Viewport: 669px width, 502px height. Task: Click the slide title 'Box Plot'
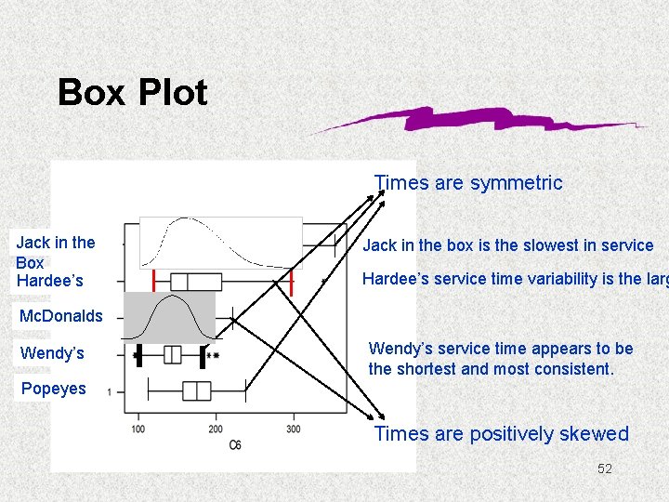point(132,93)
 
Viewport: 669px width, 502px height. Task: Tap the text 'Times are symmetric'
point(468,183)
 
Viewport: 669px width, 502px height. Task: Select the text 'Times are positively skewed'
point(502,434)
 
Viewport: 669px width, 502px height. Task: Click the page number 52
point(605,469)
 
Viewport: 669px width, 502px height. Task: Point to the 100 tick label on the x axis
point(138,429)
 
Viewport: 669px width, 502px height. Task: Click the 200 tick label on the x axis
point(216,429)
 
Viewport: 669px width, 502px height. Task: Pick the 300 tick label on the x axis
point(293,429)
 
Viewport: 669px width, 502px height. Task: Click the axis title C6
point(237,446)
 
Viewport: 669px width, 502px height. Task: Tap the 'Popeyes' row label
point(53,389)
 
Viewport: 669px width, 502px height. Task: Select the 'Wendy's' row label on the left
point(52,353)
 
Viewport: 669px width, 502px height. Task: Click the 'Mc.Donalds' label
point(61,316)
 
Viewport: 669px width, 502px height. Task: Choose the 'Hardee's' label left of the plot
point(49,280)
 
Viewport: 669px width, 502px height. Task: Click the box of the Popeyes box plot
point(196,390)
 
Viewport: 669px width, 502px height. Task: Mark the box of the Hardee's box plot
point(196,282)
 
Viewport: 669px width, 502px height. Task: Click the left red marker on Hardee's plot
point(153,282)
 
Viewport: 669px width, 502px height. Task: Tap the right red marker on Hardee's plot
point(292,282)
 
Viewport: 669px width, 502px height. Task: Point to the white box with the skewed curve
point(221,244)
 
